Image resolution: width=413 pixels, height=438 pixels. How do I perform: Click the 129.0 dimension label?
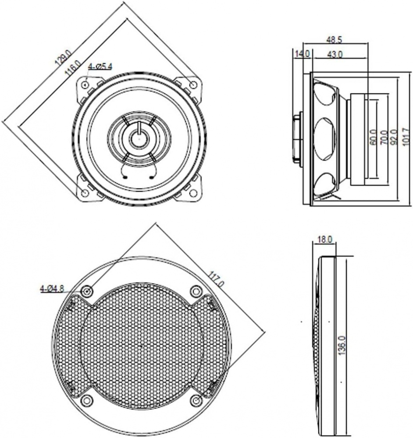click(x=62, y=57)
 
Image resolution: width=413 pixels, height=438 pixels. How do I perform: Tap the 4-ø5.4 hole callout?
click(x=100, y=67)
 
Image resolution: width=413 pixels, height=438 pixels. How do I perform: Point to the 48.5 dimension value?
click(x=335, y=39)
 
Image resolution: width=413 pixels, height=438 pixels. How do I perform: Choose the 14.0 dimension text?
click(x=302, y=54)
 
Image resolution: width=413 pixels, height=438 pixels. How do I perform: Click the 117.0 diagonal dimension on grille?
click(x=217, y=279)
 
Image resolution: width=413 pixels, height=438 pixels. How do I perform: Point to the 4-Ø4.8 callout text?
click(x=52, y=289)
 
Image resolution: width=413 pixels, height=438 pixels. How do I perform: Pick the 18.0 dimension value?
click(x=324, y=240)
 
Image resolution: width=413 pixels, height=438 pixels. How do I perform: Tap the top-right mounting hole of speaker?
click(x=193, y=84)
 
